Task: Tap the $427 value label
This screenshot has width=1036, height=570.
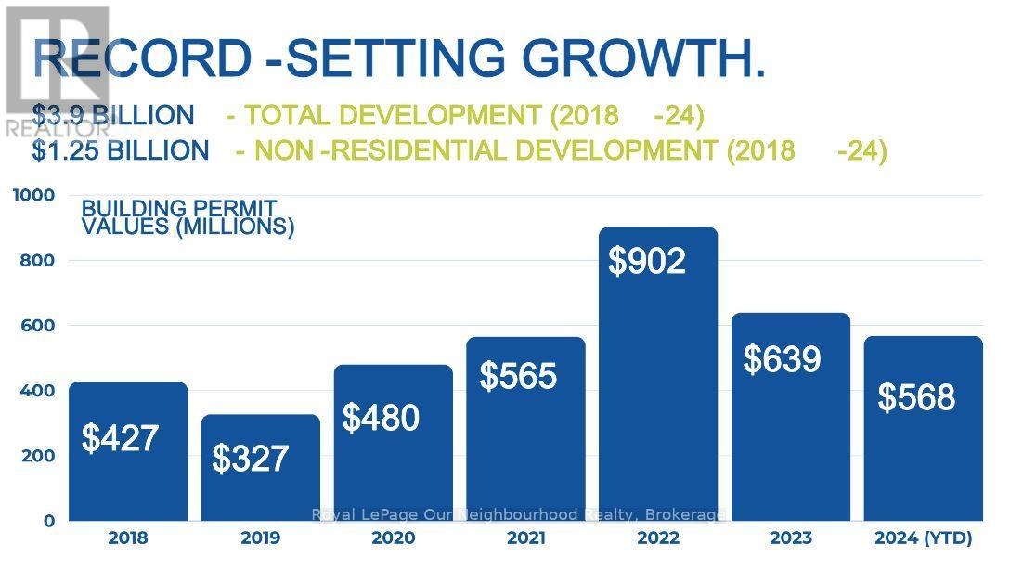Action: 121,438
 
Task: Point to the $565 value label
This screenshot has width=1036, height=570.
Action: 518,376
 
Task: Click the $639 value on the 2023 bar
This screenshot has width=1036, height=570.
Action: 782,359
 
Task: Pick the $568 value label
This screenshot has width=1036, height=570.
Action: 916,397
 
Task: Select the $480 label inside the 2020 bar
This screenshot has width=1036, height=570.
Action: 381,418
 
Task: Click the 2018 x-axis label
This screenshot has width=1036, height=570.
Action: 127,538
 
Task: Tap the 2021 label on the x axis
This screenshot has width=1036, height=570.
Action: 525,538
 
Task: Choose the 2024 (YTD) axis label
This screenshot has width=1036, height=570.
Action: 924,538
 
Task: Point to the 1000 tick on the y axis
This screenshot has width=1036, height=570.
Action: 33,195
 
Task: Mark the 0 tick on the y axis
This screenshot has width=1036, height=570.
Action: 48,521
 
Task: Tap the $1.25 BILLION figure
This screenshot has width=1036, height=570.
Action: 121,150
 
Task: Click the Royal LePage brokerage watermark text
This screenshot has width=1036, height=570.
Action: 518,514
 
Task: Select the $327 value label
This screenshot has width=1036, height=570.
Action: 251,459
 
